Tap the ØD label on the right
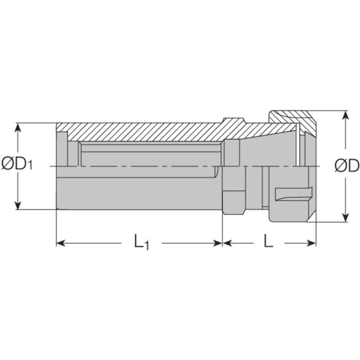pos(346,166)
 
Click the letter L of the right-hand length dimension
pos(268,243)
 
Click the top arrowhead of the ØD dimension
pos(345,115)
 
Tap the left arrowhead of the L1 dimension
pos(61,243)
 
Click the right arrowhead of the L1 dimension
pos(218,243)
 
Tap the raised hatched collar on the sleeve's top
pos(234,122)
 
